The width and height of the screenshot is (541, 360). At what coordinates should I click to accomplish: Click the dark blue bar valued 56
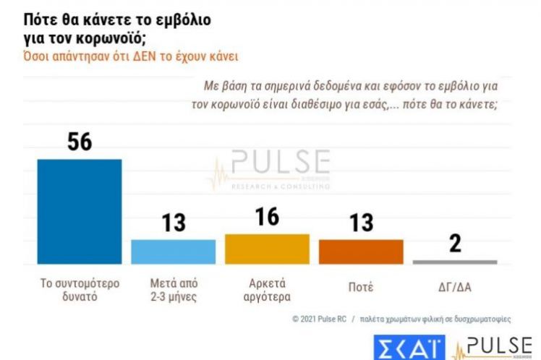point(79,211)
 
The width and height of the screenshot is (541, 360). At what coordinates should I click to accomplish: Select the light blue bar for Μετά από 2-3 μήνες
point(173,252)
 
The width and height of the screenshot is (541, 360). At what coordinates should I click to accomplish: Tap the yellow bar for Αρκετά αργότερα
point(267,249)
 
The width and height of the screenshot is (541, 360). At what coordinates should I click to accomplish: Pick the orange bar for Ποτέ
point(361,252)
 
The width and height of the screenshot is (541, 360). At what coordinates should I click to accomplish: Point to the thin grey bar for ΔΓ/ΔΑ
point(455,262)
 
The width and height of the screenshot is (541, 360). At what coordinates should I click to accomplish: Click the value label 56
point(79,142)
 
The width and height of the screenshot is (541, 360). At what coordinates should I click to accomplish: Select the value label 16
point(267,218)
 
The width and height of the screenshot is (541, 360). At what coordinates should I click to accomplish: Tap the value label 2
point(455,244)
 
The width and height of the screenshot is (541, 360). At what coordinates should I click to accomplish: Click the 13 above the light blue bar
point(173,223)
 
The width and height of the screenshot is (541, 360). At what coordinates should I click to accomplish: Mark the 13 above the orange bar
point(361,223)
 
